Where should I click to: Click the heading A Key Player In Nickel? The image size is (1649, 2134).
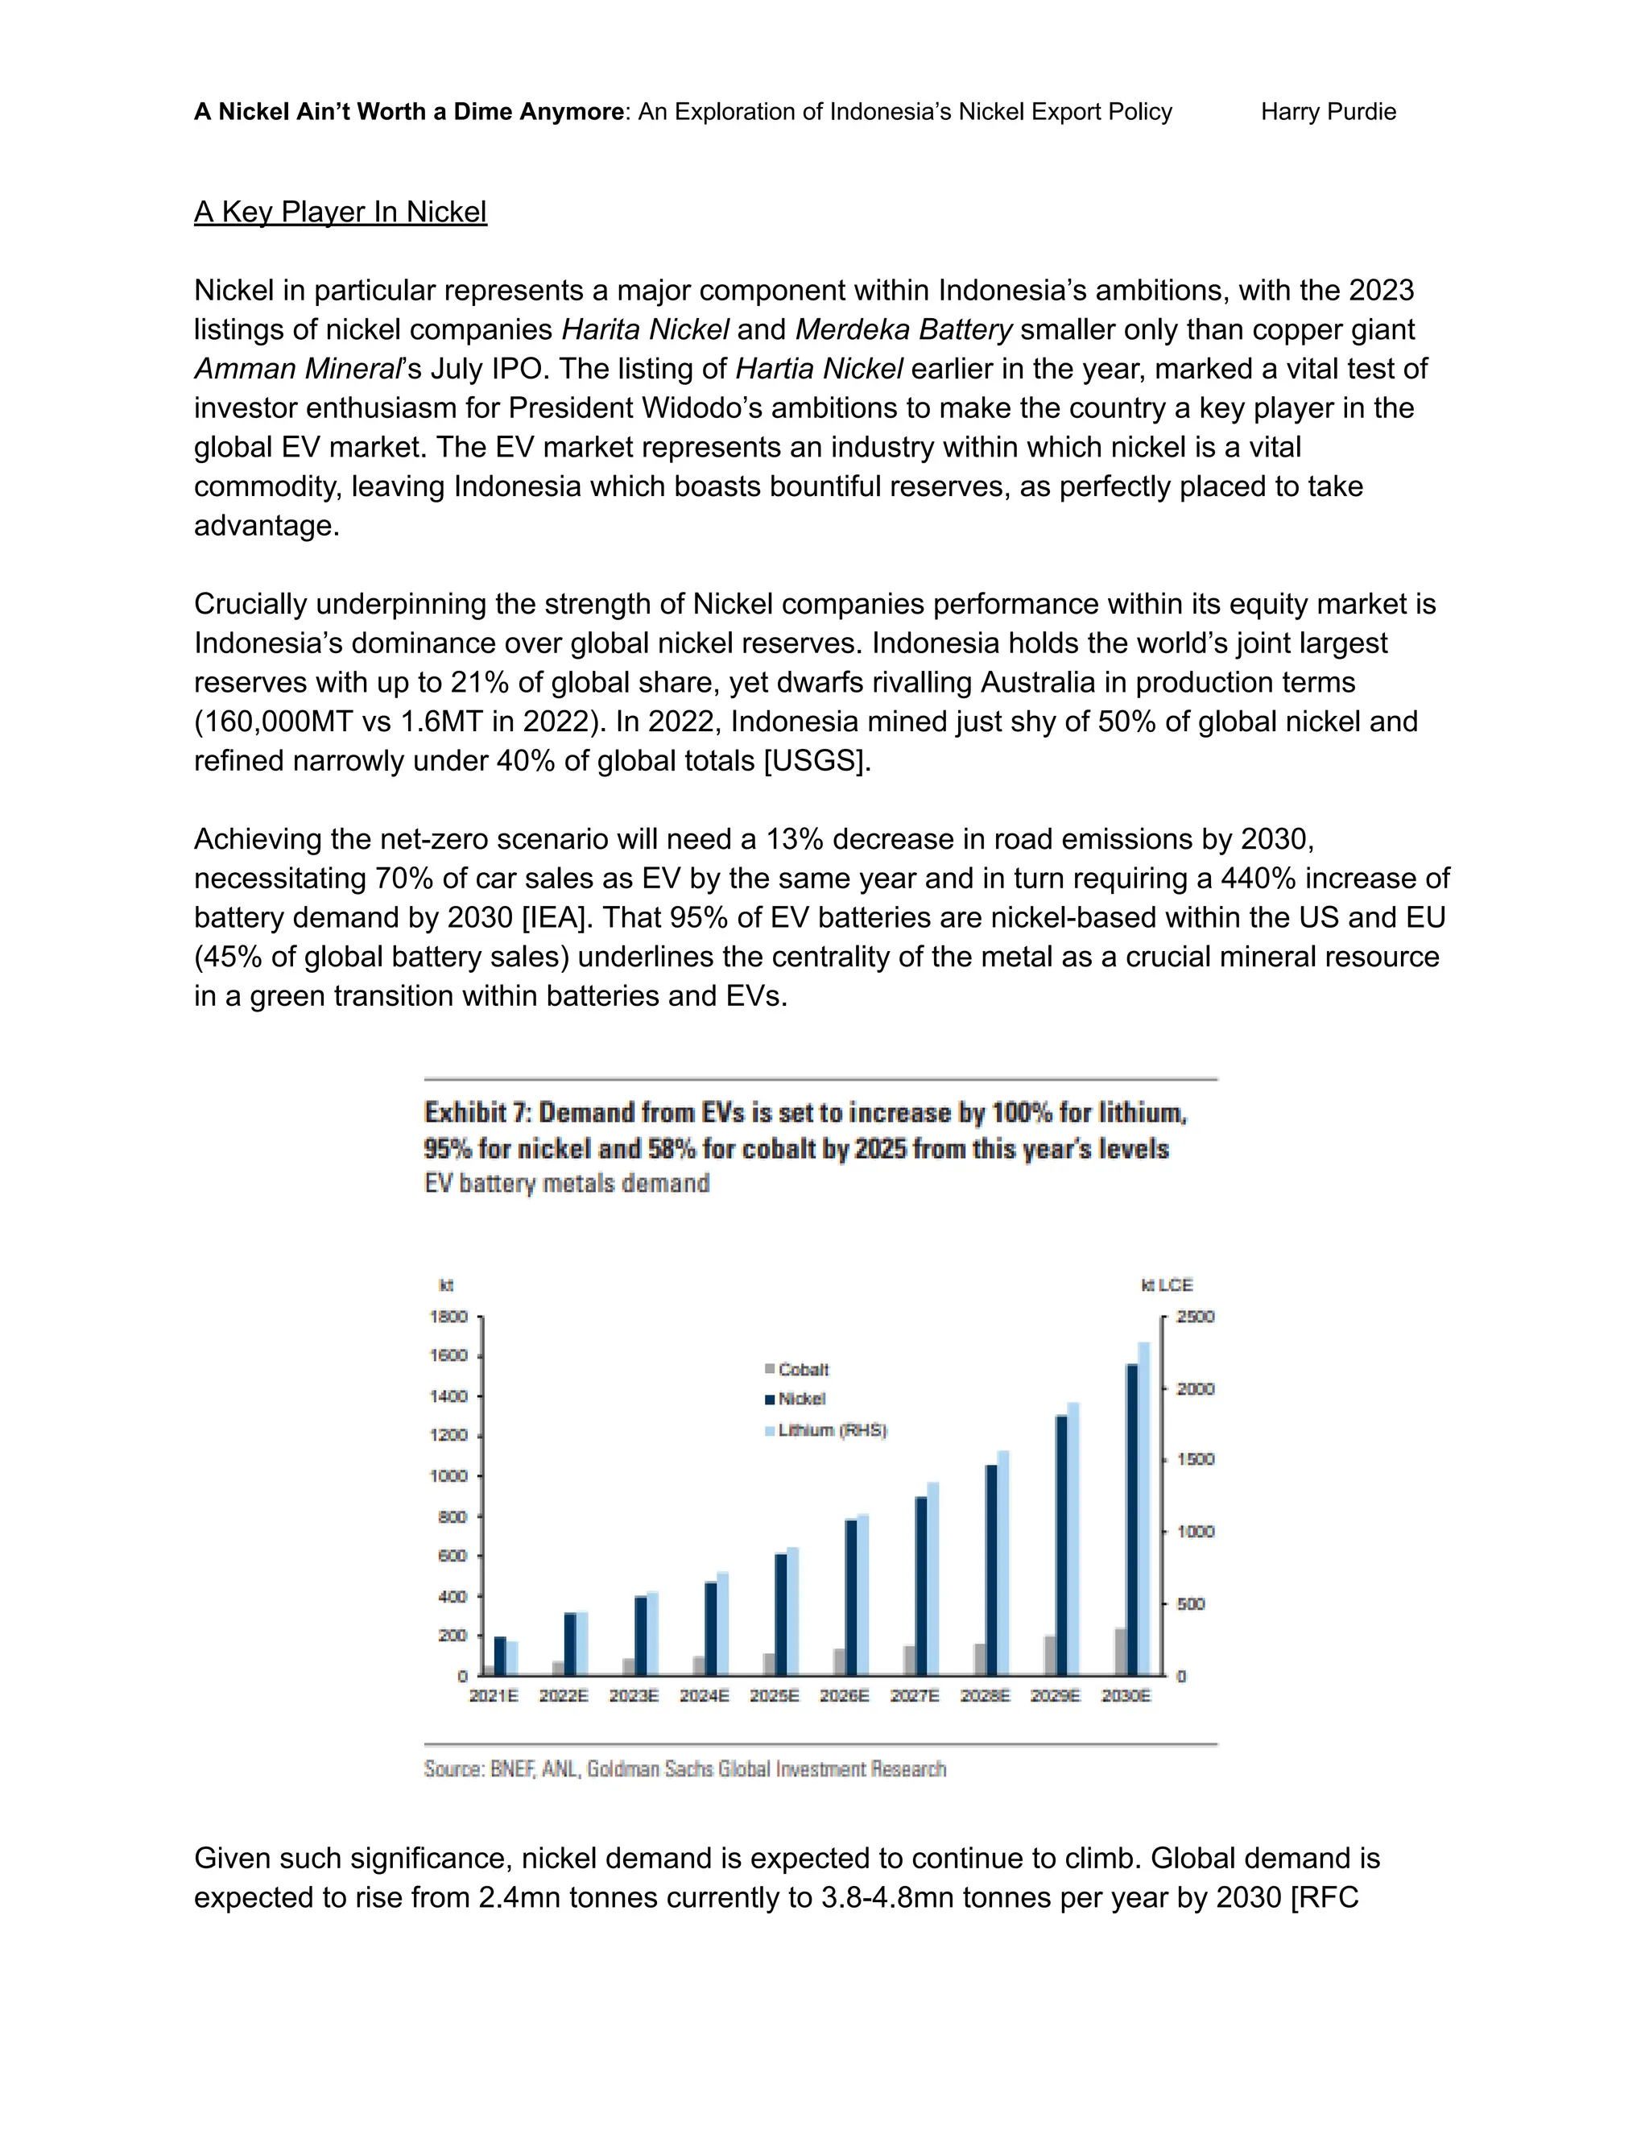tap(340, 212)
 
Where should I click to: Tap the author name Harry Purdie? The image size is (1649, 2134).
tap(1328, 111)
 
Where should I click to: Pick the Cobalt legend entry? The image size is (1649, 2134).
tap(802, 1369)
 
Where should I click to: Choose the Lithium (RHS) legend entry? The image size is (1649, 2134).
tap(830, 1430)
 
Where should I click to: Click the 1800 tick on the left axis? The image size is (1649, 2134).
tap(448, 1316)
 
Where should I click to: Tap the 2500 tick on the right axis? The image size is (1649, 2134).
tap(1195, 1316)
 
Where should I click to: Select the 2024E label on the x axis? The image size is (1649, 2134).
tap(705, 1695)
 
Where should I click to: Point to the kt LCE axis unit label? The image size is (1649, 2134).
tap(1167, 1285)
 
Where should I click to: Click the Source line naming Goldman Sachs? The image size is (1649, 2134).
tap(684, 1768)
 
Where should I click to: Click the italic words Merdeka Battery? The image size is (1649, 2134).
tap(903, 329)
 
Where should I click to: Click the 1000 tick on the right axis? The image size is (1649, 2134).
tap(1195, 1531)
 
